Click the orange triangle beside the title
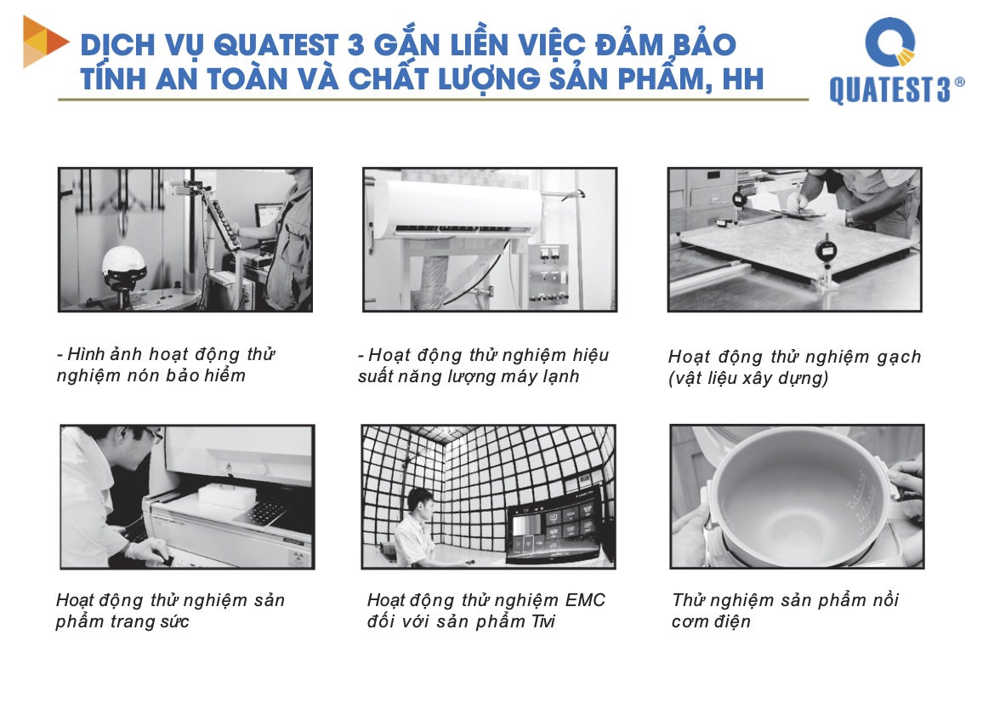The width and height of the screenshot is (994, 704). click(46, 41)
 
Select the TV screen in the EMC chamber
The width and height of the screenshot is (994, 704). click(554, 526)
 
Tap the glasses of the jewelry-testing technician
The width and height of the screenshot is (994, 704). click(153, 435)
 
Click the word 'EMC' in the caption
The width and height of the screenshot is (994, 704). click(585, 600)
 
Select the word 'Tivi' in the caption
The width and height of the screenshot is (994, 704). click(543, 621)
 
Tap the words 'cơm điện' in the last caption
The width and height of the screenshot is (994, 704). click(711, 621)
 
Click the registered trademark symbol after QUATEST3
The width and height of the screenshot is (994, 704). click(959, 82)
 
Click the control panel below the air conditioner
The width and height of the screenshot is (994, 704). click(547, 273)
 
